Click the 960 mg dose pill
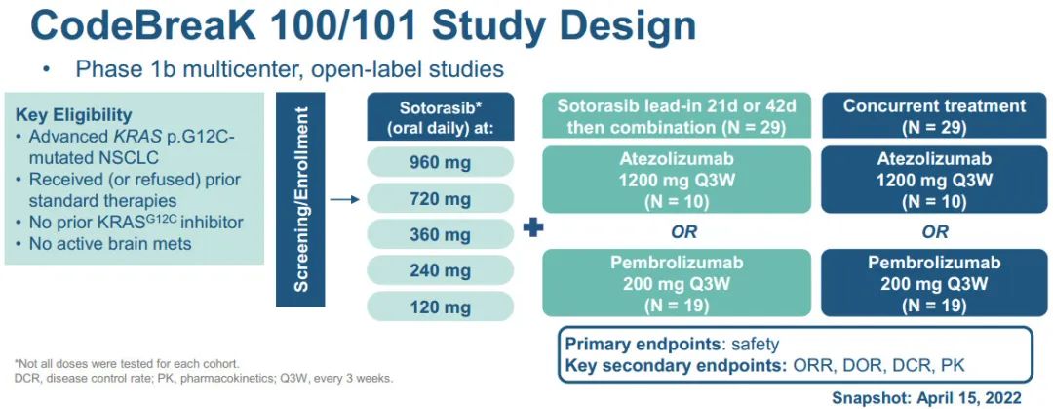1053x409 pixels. coord(441,161)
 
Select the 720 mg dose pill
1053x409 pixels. coord(441,198)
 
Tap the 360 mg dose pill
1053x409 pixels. coord(441,235)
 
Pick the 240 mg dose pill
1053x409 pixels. coord(441,271)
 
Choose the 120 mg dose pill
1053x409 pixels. coord(441,307)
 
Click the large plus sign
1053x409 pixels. coord(533,228)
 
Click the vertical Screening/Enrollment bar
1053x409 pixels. coord(300,200)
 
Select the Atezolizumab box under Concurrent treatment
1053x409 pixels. coord(934,181)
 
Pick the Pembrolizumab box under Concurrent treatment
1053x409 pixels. coord(934,282)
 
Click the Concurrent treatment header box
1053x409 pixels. coord(934,116)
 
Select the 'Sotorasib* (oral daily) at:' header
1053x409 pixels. coord(441,116)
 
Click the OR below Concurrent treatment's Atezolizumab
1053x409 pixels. coord(935,232)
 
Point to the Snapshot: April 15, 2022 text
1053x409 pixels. coord(927,397)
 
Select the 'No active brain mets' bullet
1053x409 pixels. coord(104,243)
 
